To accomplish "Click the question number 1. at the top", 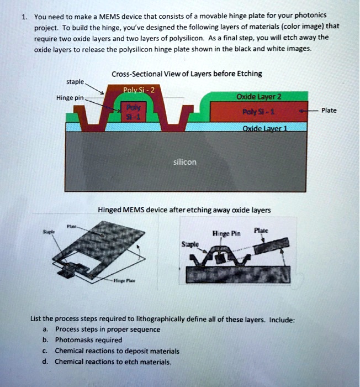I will pos(24,16).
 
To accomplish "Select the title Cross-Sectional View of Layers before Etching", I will pos(187,74).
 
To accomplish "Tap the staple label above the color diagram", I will pos(75,81).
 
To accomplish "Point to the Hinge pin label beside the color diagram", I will pos(70,98).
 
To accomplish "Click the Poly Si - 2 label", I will pos(135,91).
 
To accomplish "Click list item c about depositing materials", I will pos(117,351).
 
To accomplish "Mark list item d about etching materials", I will pos(113,362).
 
